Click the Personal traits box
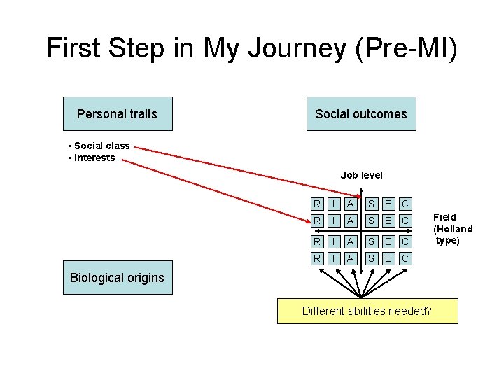(117, 113)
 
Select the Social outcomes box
(360, 113)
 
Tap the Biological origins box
(117, 278)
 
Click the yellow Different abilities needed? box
(367, 311)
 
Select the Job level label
(361, 175)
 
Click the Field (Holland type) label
(453, 229)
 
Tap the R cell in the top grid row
(318, 204)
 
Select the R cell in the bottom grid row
(318, 259)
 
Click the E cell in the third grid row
(388, 241)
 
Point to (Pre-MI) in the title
(405, 48)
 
